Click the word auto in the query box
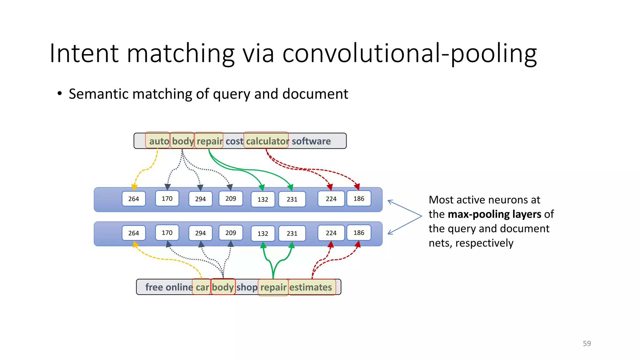159,141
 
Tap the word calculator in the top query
267,141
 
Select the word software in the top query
311,141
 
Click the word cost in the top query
234,141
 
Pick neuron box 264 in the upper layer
134,199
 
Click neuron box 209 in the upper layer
231,198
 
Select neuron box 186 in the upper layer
359,198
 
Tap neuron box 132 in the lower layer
263,233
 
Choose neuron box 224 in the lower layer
331,233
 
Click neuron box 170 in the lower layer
167,232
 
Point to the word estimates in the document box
311,287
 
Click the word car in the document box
202,287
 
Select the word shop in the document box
247,287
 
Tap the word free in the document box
154,287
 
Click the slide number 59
587,343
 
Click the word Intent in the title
84,54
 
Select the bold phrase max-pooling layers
494,214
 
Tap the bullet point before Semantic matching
60,94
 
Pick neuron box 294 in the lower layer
200,233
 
